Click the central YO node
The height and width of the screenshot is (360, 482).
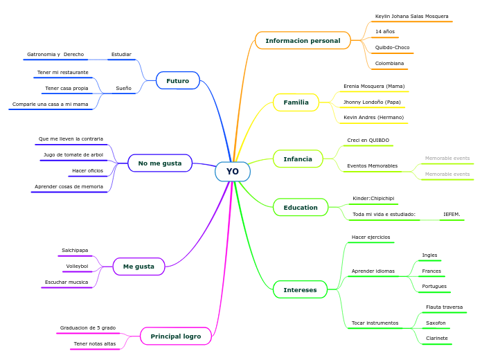[233, 172]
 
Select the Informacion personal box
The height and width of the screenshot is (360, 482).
[303, 41]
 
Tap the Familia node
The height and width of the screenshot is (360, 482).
[296, 102]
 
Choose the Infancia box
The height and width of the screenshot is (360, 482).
[298, 159]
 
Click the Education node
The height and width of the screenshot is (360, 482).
[301, 208]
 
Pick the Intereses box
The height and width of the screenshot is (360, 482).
[300, 289]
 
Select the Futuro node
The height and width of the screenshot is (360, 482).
[177, 81]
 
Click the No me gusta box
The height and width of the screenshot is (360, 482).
[160, 163]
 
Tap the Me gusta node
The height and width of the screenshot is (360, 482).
[139, 267]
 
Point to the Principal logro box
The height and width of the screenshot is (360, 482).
[175, 336]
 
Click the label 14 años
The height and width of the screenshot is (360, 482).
[385, 32]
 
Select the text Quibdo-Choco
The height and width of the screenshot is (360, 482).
[392, 48]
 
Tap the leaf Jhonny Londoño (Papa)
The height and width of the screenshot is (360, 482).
[372, 102]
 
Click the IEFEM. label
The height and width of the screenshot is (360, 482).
[452, 215]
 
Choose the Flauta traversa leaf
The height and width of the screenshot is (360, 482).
[444, 307]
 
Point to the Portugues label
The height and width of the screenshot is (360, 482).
[434, 286]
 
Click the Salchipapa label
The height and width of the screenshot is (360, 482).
[75, 251]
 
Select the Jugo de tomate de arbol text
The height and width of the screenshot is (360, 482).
[73, 155]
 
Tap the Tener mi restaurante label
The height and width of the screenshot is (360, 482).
[63, 73]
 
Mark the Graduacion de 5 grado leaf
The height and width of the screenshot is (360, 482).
[88, 327]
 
